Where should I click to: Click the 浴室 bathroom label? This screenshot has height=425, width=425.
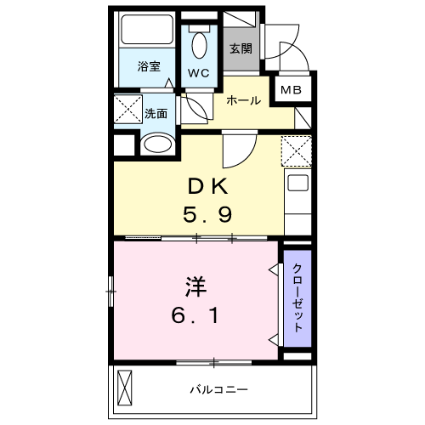(x=149, y=66)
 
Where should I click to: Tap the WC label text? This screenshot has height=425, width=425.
(x=199, y=73)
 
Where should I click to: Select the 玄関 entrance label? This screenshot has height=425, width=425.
(x=241, y=48)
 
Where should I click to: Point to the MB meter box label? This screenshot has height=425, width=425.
(x=291, y=90)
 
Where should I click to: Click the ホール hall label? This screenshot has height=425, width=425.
(x=244, y=100)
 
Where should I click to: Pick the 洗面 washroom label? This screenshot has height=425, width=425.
(x=156, y=113)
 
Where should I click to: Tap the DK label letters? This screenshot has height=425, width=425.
(x=208, y=186)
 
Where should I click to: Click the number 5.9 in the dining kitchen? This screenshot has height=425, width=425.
(x=207, y=214)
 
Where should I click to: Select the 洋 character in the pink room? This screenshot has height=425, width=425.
(x=196, y=286)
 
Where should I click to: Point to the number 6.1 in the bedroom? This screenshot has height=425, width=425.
(x=195, y=316)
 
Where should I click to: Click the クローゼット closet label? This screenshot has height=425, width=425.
(x=297, y=297)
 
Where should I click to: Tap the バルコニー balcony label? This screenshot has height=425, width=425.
(x=218, y=390)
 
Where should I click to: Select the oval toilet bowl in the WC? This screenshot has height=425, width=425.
(x=200, y=45)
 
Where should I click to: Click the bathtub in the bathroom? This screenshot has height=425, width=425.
(x=147, y=30)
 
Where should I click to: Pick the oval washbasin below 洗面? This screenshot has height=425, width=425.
(x=158, y=144)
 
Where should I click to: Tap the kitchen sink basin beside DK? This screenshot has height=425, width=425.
(x=297, y=183)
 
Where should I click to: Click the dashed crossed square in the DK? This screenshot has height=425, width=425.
(x=297, y=151)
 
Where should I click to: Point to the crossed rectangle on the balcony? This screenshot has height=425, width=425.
(x=125, y=388)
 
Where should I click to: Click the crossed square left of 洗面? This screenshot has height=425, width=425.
(x=128, y=110)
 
